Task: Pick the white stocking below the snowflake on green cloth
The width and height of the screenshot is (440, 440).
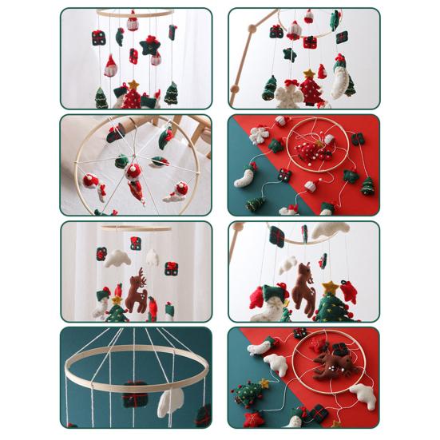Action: click(244, 176)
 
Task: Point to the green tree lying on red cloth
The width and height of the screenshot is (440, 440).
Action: click(367, 186)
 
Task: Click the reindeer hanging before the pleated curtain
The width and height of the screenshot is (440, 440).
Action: click(137, 293)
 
